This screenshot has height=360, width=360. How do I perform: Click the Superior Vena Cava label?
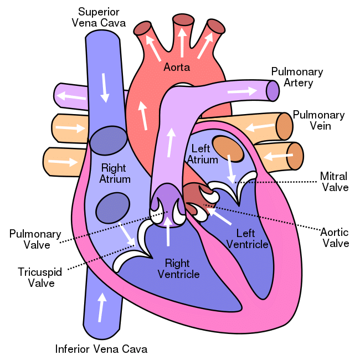pos(99,18)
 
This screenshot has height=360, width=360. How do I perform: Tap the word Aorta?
pos(177,67)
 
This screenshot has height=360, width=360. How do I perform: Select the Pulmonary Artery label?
pos(297,77)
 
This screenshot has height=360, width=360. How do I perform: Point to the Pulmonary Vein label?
pos(319,120)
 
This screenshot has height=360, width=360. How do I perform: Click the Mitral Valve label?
pos(335,182)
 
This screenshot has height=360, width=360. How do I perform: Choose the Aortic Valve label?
pos(335,238)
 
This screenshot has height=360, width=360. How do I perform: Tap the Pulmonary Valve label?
pos(35,239)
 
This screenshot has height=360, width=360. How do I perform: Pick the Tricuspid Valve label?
pos(40,277)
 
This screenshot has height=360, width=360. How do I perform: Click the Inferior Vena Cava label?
pos(101,349)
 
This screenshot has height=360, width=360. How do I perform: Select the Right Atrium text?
pos(115,173)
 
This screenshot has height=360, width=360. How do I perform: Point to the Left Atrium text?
pos(203,154)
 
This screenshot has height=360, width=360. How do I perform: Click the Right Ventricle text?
pos(179,269)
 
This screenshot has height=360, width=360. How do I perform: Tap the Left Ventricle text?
pos(247,239)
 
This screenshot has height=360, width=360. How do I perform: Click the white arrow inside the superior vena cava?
pos(105,88)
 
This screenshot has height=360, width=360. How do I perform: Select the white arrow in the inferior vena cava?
pos(101,307)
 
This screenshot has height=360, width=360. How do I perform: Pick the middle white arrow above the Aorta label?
pos(182,43)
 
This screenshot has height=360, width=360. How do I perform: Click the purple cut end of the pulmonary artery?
pos(272,91)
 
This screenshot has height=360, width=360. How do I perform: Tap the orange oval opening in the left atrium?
pos(228,149)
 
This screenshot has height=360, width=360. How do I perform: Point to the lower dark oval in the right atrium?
pos(113,208)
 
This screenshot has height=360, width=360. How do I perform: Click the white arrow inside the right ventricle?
pos(168,231)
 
